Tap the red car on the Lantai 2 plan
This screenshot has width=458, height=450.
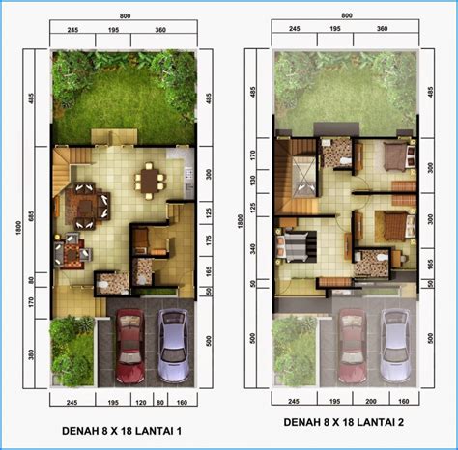(351, 346)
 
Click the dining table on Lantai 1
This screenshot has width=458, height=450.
(150, 179)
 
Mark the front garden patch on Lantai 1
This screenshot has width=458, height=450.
(72, 349)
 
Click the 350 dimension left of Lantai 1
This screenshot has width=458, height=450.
(32, 352)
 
